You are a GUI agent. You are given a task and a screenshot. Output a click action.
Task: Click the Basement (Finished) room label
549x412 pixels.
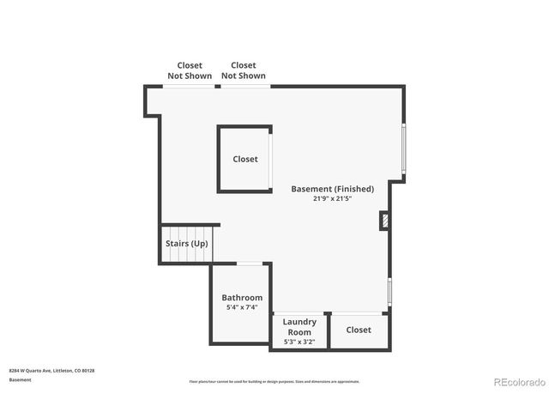click(x=332, y=189)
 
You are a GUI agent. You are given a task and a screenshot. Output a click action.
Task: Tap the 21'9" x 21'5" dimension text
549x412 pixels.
click(x=332, y=198)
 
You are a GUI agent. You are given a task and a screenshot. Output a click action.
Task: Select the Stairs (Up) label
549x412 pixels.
click(x=186, y=244)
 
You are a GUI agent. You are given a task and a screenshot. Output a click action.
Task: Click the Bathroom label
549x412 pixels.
click(x=242, y=298)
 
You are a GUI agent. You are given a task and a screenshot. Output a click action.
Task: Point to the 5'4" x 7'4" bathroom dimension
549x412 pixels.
click(x=242, y=307)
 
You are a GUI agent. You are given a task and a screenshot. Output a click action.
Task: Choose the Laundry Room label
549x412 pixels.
click(x=299, y=327)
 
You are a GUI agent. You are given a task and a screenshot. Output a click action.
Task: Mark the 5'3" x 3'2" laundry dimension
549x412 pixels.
click(x=299, y=342)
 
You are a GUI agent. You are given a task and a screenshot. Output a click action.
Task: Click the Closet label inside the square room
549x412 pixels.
click(x=245, y=159)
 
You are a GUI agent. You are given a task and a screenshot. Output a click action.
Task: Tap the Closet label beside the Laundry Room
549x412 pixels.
click(x=359, y=330)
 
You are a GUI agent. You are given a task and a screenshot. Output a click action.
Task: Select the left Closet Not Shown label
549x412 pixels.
click(x=190, y=70)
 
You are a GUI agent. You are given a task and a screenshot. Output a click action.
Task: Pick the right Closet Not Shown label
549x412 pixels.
click(x=244, y=70)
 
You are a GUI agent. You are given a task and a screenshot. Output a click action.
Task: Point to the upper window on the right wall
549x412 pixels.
click(x=404, y=151)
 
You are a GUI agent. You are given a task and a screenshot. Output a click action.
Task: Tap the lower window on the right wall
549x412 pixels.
click(x=389, y=292)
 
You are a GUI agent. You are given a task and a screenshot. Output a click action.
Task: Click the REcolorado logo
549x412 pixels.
click(x=518, y=382)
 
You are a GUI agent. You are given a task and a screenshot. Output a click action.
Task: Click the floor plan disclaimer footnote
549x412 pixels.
click(x=274, y=382)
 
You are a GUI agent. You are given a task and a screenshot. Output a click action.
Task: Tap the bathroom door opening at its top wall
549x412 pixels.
click(x=250, y=264)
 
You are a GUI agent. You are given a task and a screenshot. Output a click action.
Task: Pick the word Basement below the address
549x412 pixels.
click(x=21, y=379)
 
